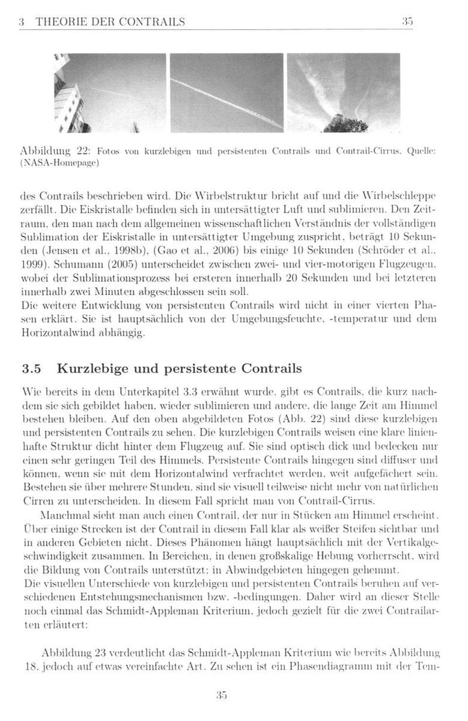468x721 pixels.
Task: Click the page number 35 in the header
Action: pyautogui.click(x=407, y=22)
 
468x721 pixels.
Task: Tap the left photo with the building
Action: pyautogui.click(x=110, y=93)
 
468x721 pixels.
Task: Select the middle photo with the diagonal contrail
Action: pyautogui.click(x=226, y=93)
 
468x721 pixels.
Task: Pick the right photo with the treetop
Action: pyautogui.click(x=344, y=93)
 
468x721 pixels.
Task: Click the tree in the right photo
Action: pyautogui.click(x=345, y=124)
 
